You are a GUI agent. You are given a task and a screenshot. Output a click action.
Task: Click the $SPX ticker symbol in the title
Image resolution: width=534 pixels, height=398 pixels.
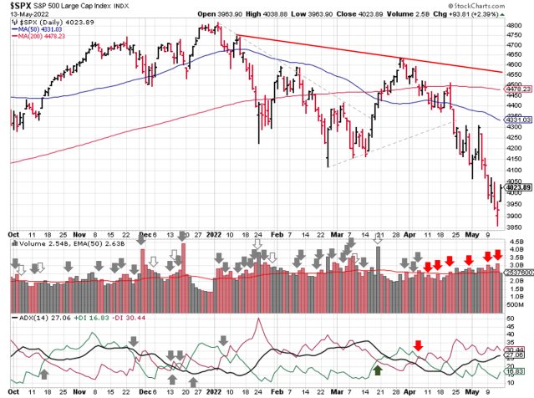(17, 6)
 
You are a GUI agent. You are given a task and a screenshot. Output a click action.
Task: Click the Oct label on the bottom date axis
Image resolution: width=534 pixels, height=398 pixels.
(13, 390)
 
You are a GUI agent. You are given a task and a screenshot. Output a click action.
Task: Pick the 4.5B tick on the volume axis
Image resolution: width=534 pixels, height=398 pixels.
(515, 243)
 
